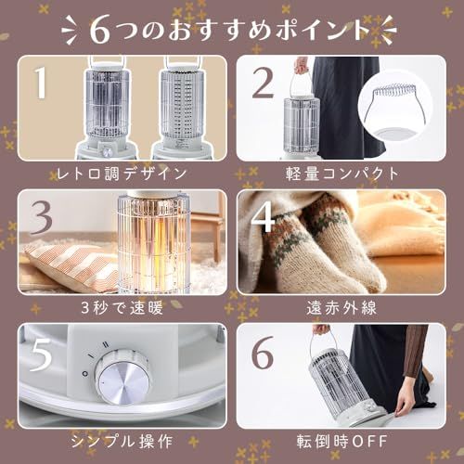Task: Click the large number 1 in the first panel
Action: click(41, 83)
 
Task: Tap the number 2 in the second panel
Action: click(263, 84)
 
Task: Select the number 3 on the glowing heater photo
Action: click(42, 218)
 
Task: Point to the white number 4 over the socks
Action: click(263, 217)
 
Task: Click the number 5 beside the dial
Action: click(41, 354)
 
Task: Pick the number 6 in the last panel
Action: click(263, 353)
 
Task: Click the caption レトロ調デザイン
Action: click(122, 174)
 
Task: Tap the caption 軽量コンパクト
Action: click(342, 174)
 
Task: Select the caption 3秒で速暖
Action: click(122, 308)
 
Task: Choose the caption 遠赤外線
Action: click(342, 308)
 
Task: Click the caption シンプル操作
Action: click(122, 441)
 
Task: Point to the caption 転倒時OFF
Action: click(342, 441)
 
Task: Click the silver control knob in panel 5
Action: click(123, 376)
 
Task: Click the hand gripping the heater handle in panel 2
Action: click(300, 66)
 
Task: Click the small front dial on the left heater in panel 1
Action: click(108, 152)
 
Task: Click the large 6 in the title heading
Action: click(100, 32)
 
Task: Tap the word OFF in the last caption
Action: click(369, 441)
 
